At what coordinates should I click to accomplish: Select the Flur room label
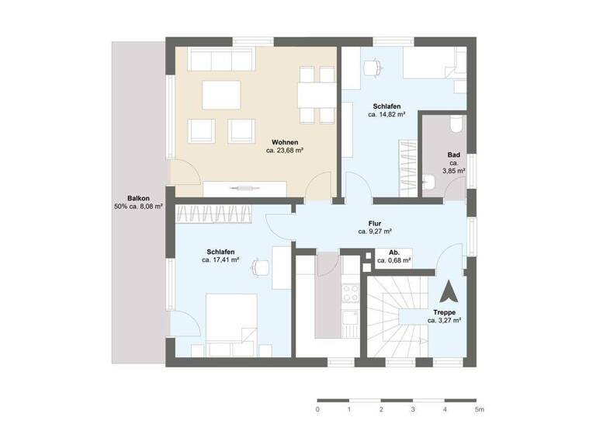click(374, 222)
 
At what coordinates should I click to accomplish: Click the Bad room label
click(454, 155)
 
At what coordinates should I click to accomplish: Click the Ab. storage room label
click(393, 252)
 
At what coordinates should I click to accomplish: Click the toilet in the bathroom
click(455, 124)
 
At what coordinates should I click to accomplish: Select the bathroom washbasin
click(429, 183)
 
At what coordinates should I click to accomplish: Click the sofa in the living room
click(223, 60)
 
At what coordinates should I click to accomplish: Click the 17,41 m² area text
click(220, 261)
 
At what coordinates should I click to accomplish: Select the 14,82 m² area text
click(386, 114)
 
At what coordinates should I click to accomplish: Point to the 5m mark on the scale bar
click(479, 409)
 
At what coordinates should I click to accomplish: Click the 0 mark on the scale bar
click(317, 409)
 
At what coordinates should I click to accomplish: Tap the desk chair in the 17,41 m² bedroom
click(258, 268)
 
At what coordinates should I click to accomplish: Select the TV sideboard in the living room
click(245, 188)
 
